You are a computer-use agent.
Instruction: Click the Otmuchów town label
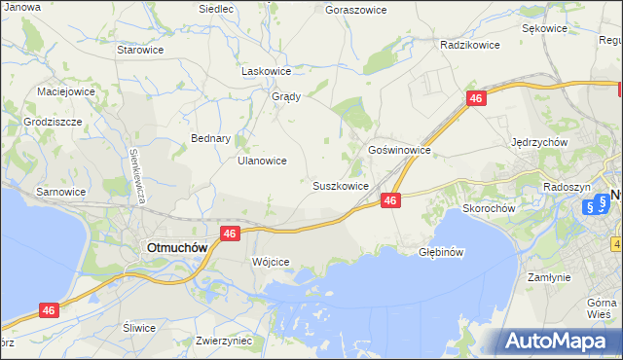(x=176, y=247)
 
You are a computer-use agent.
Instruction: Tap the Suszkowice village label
(x=340, y=185)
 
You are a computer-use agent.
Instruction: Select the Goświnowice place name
(x=399, y=151)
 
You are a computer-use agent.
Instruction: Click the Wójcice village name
(x=271, y=263)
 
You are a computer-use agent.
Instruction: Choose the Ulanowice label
(x=262, y=161)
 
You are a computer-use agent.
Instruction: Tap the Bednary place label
(x=210, y=138)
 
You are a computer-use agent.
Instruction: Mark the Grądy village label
(x=285, y=96)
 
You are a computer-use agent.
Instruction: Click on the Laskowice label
(x=267, y=71)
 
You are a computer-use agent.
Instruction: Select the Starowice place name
(x=138, y=49)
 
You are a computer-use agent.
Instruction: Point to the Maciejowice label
(x=65, y=91)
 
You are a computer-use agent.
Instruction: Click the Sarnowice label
(x=60, y=192)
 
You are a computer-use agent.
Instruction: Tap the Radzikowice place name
(x=469, y=45)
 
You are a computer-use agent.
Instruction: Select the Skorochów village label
(x=488, y=208)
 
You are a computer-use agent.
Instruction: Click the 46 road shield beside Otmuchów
(x=230, y=234)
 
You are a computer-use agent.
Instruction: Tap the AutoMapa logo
(x=558, y=341)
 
